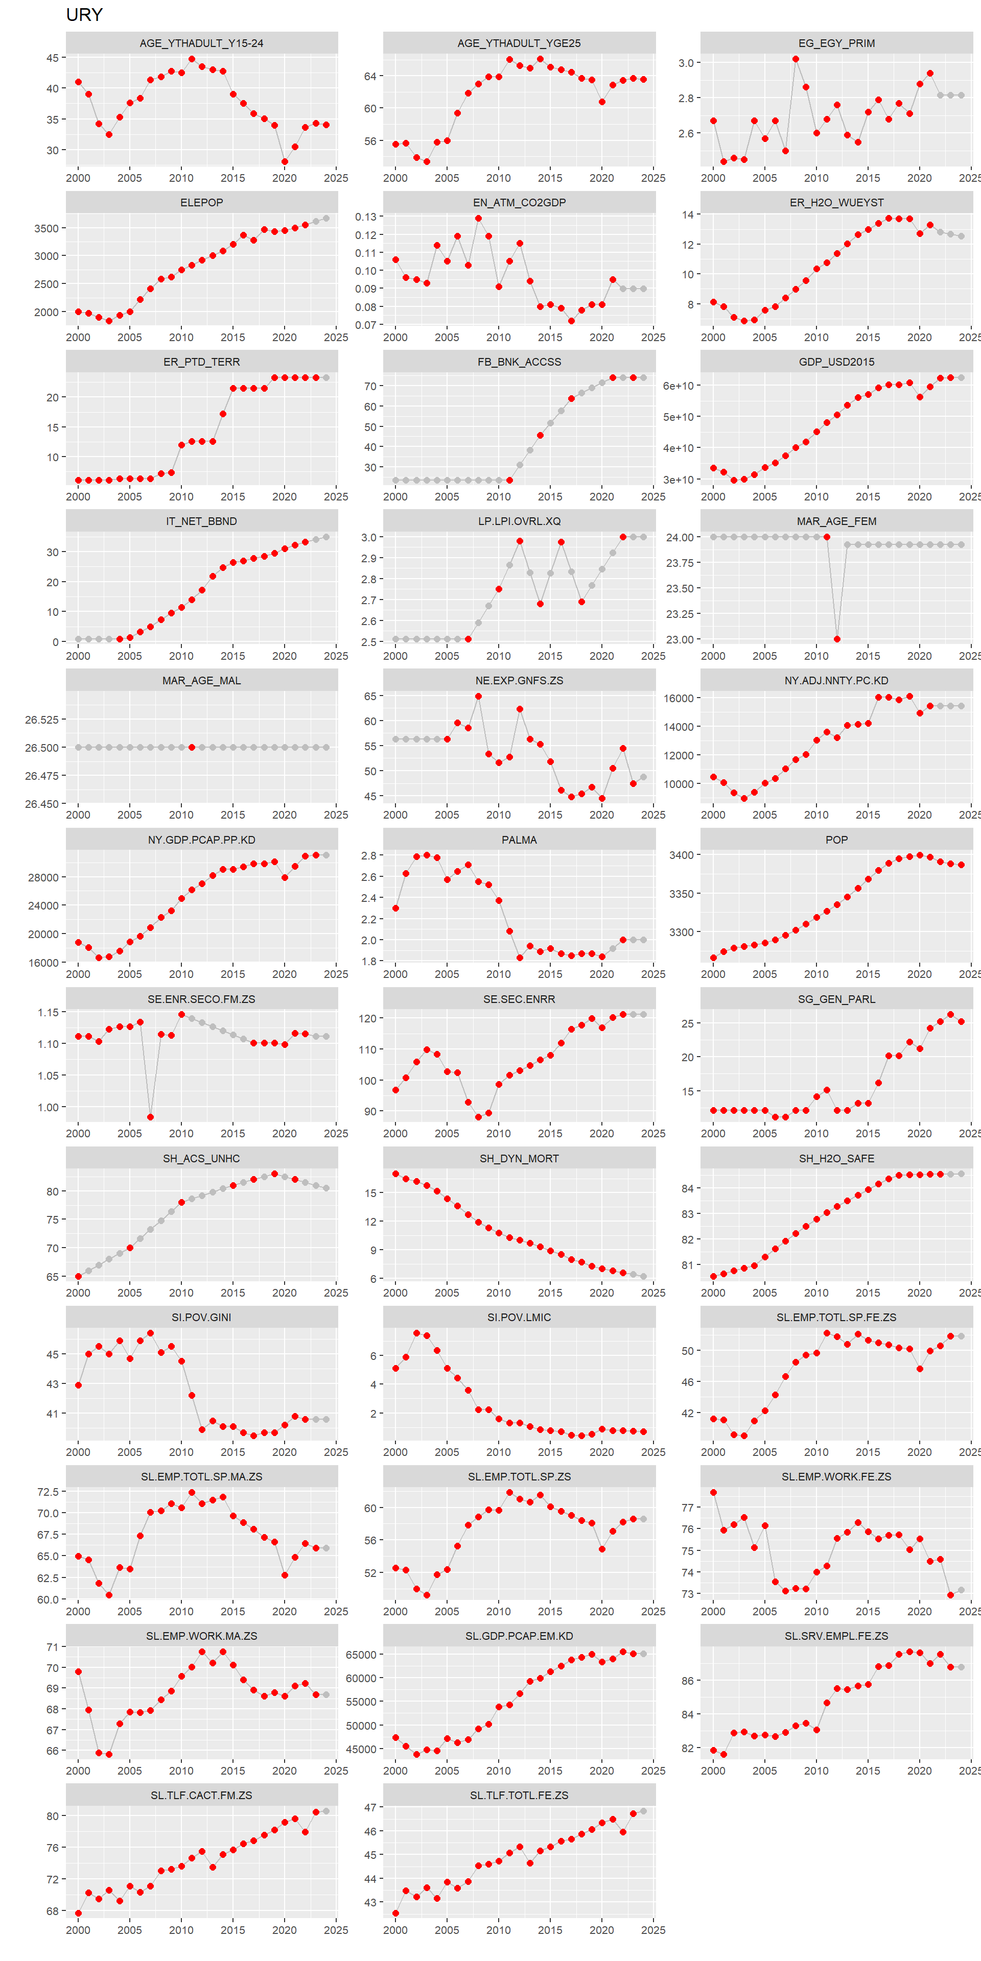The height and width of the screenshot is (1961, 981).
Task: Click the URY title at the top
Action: point(84,14)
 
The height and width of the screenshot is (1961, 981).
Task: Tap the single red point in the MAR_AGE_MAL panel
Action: point(191,747)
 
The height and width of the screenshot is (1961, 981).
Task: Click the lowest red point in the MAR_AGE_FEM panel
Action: point(837,639)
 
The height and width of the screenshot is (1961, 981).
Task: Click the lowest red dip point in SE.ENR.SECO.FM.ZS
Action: point(150,1117)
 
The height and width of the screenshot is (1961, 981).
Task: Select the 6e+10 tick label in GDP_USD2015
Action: point(678,386)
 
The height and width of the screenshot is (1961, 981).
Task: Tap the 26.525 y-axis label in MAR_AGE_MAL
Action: point(41,720)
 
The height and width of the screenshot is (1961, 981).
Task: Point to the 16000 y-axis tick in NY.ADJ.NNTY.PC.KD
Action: point(678,698)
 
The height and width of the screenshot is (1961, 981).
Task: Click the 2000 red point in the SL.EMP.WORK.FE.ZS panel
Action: point(714,1492)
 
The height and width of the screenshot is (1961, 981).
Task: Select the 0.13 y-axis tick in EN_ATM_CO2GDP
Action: point(366,217)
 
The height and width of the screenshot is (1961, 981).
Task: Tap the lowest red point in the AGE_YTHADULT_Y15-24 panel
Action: point(284,161)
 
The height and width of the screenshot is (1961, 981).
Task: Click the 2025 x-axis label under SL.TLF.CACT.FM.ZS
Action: point(335,1930)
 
